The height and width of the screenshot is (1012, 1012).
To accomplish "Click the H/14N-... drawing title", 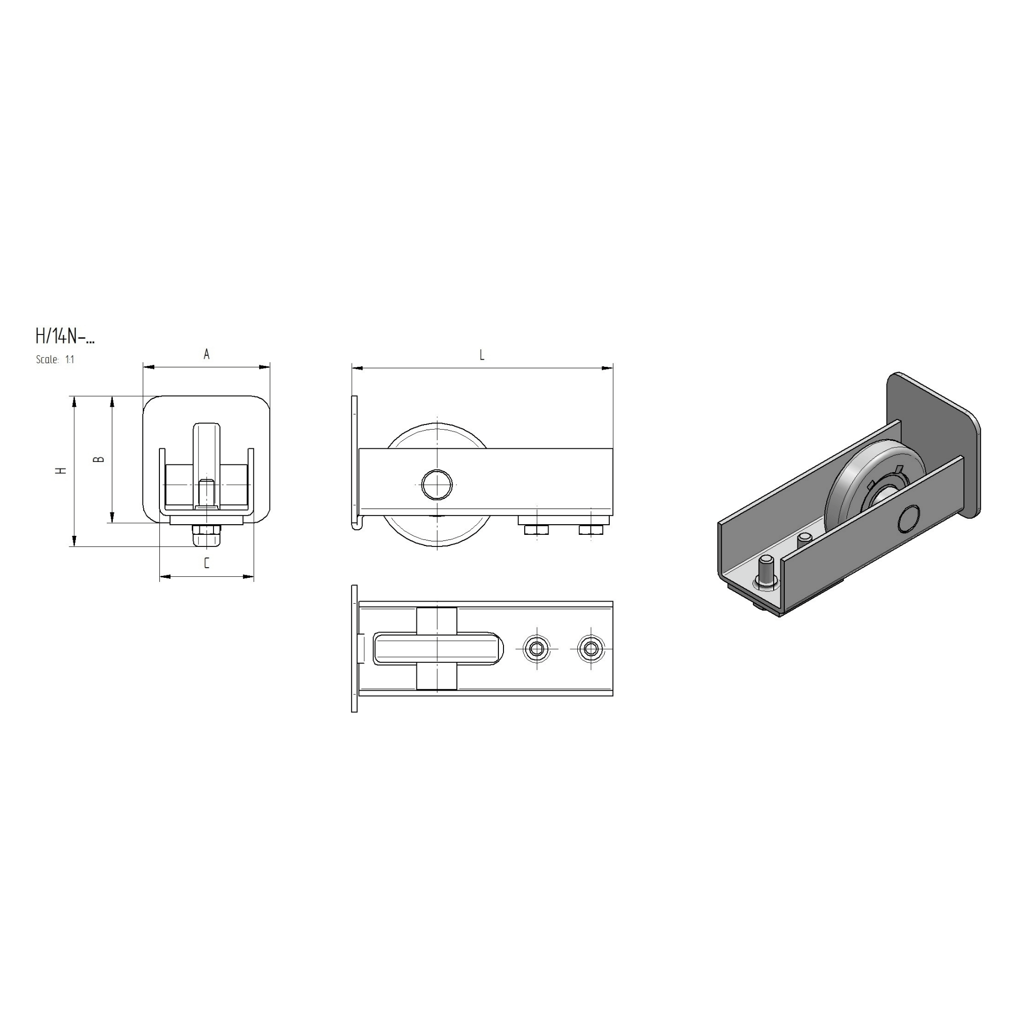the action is (x=65, y=336).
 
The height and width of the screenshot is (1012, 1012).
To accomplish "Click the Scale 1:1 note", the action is (x=55, y=359).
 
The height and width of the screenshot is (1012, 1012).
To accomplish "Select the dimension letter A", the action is (x=206, y=355).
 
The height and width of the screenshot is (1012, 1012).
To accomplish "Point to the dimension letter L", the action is (x=482, y=355).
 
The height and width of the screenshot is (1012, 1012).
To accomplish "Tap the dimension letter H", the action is (x=61, y=471).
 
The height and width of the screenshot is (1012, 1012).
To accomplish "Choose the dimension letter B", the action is (x=99, y=459).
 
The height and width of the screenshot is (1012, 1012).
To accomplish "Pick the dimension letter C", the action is (x=206, y=563).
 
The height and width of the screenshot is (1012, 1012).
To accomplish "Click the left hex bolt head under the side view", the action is (x=536, y=530).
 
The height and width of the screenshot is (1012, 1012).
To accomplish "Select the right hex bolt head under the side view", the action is (x=591, y=530).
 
